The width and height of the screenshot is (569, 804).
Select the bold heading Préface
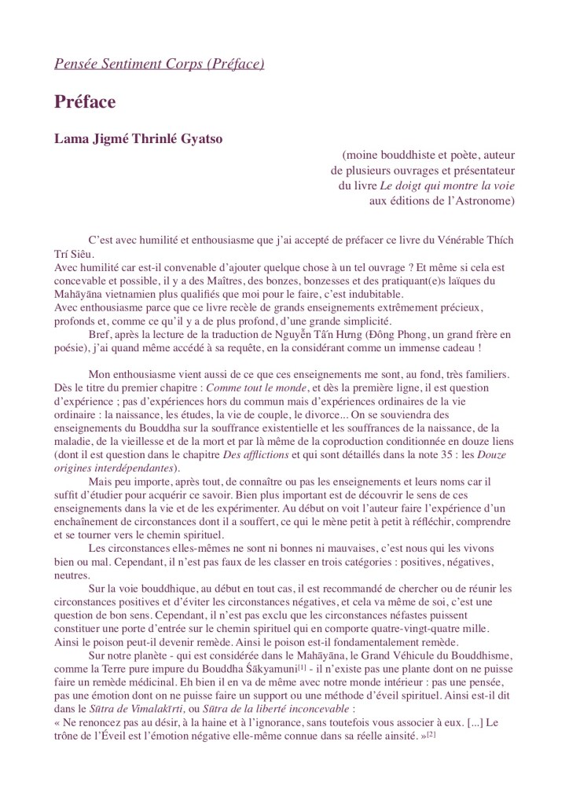[x=85, y=102]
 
